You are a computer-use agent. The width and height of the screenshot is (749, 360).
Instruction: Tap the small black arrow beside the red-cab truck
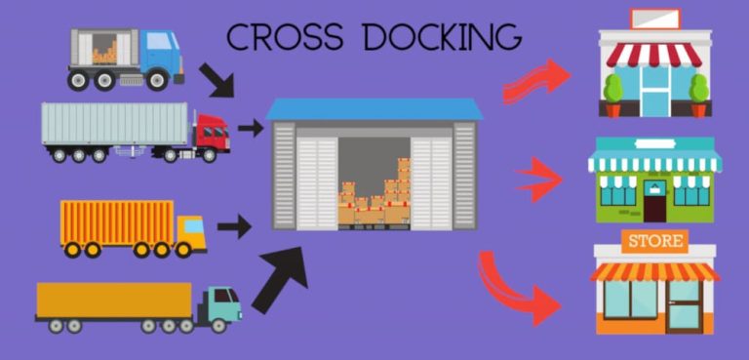coord(251,127)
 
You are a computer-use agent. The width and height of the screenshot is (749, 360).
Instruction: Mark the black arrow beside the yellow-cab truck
coord(234,227)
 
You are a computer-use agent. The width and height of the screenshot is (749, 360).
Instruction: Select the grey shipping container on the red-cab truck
coord(114,124)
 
